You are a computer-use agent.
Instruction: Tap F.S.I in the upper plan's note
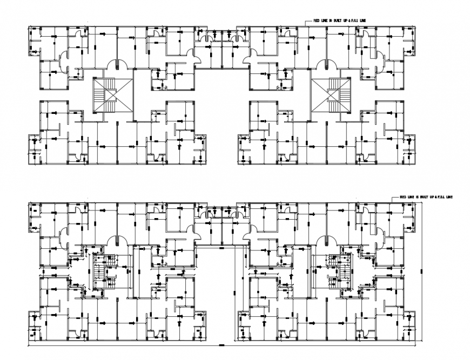click(x=354, y=21)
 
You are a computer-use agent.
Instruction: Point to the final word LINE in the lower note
click(x=449, y=198)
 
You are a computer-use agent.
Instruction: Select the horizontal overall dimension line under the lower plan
click(x=221, y=344)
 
